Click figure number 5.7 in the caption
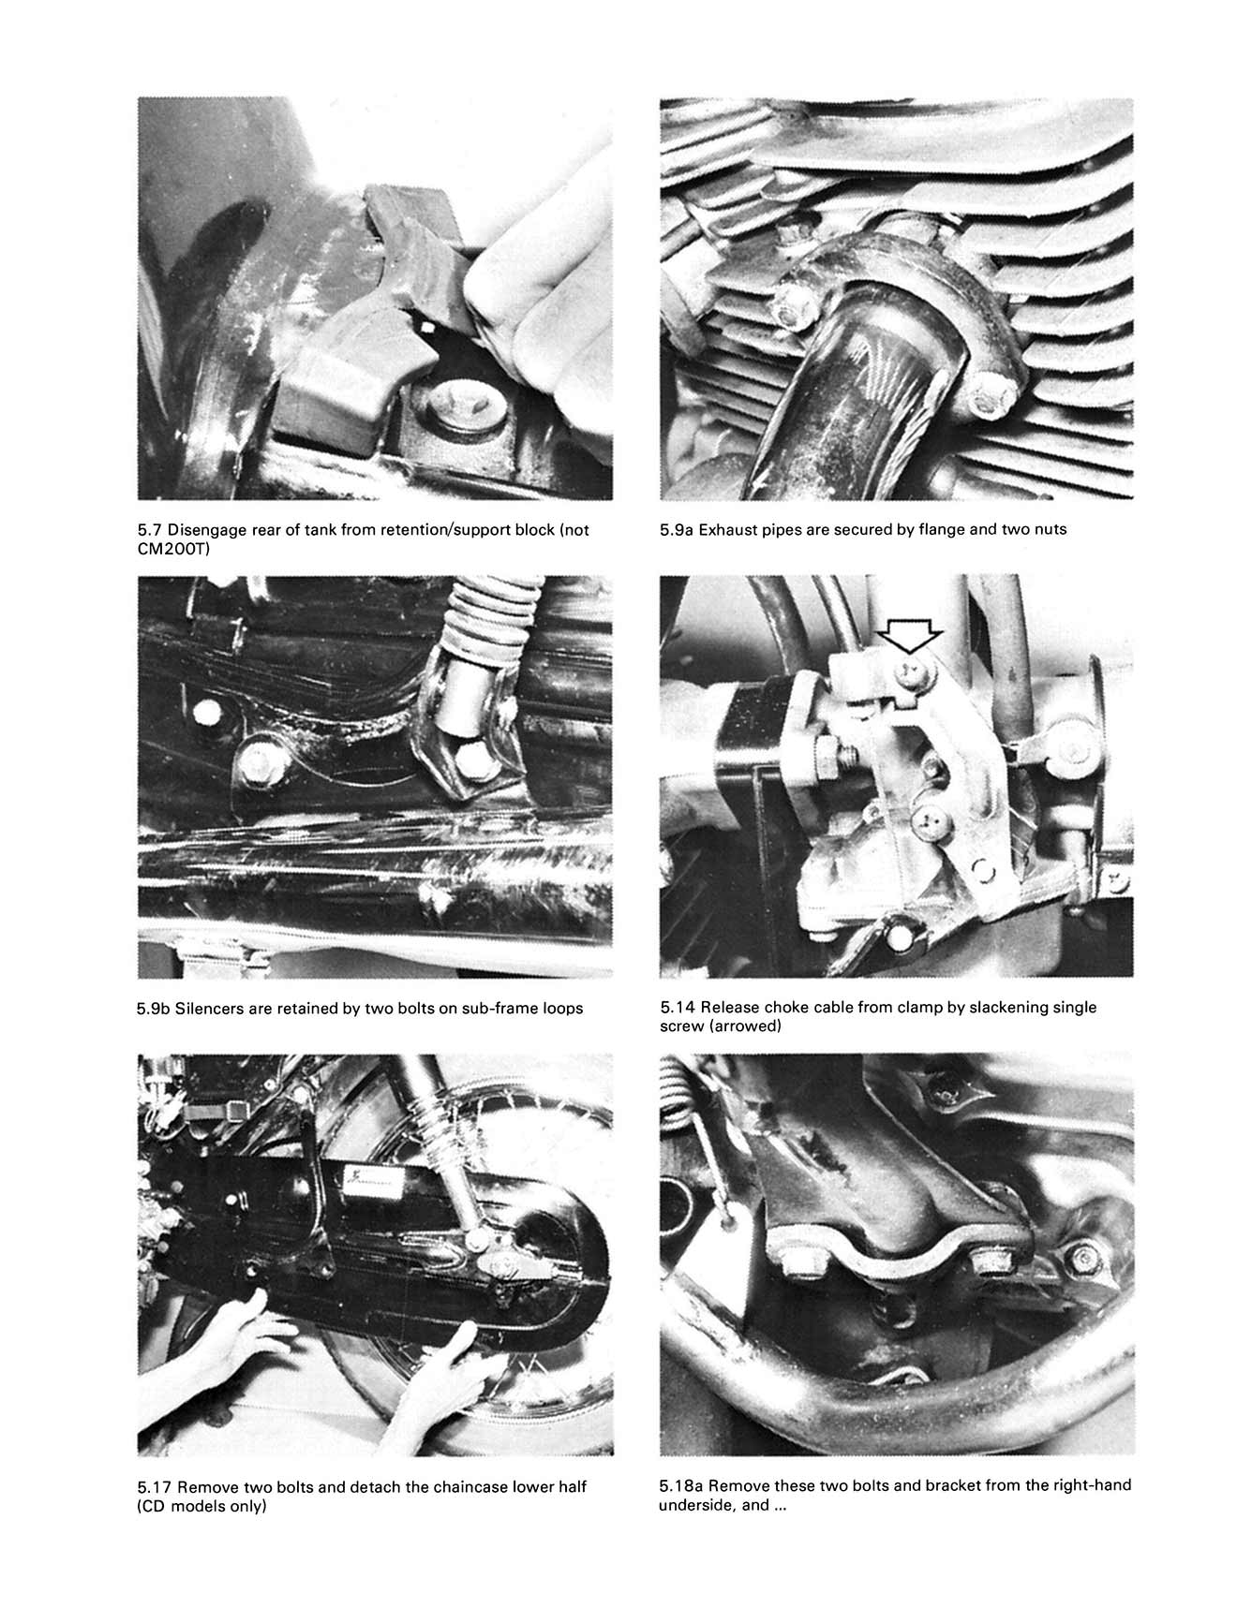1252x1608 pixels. tap(151, 530)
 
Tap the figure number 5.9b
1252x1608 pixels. tap(155, 1009)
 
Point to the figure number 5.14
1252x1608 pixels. tap(678, 1008)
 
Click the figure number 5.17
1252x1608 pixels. tap(155, 1486)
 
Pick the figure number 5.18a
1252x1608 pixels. tap(682, 1485)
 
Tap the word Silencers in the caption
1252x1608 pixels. tap(208, 1009)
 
